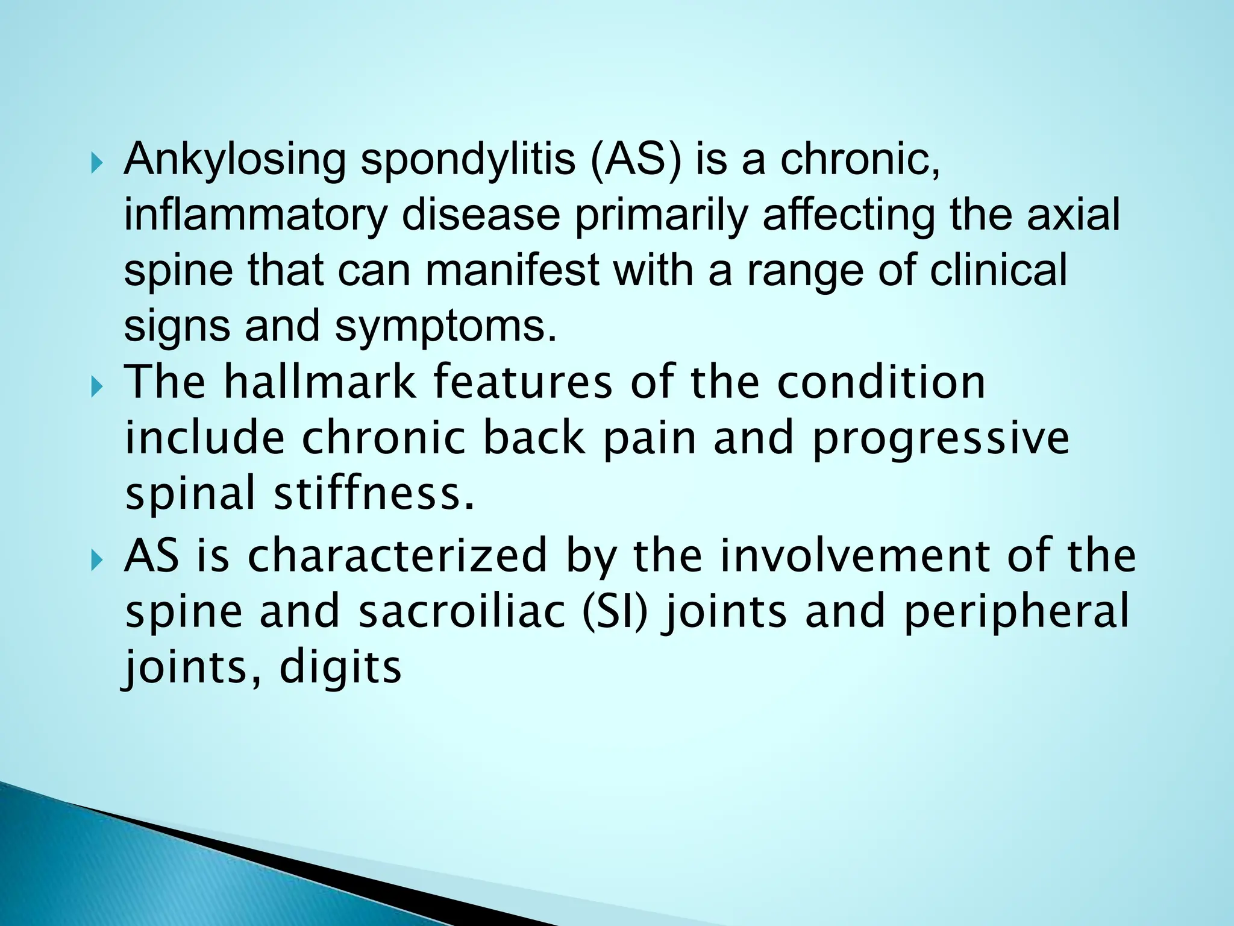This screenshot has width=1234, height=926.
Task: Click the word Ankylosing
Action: (x=234, y=160)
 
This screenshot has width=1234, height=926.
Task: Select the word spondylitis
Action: (x=468, y=160)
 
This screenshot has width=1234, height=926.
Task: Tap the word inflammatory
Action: (x=255, y=216)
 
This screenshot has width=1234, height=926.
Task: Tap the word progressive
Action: (x=941, y=439)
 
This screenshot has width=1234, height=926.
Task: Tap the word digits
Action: (x=340, y=667)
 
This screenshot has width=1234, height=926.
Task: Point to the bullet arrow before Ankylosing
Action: (x=96, y=163)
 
